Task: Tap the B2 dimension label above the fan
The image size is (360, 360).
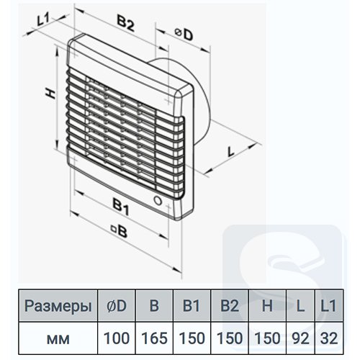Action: (x=125, y=23)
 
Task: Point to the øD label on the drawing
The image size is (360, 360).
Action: (x=184, y=35)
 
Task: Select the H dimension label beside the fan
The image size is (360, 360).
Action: (x=51, y=94)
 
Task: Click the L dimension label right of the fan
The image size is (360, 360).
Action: (x=231, y=152)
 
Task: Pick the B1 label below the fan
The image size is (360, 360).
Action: (x=121, y=207)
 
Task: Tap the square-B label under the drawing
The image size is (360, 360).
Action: (x=119, y=230)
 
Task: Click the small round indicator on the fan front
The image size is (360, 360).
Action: (x=158, y=200)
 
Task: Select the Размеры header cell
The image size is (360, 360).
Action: (x=58, y=306)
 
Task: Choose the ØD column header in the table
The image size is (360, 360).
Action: (x=117, y=306)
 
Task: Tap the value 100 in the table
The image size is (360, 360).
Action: (x=117, y=338)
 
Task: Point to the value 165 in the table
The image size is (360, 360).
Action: (x=154, y=338)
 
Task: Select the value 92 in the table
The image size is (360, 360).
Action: (x=300, y=338)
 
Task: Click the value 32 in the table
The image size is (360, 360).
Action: (x=329, y=338)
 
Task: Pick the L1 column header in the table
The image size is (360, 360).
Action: (x=328, y=306)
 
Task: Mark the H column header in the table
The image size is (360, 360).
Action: (x=267, y=306)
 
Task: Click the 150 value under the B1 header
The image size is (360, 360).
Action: (x=192, y=338)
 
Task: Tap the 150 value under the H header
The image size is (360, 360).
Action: (x=267, y=338)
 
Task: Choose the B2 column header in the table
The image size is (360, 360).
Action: (x=230, y=306)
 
